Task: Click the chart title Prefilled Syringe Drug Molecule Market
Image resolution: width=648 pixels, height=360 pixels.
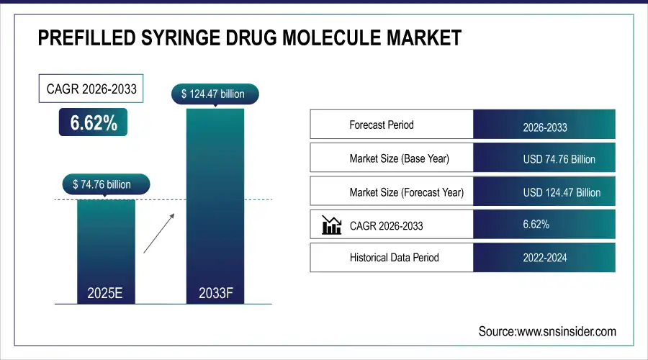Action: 249,38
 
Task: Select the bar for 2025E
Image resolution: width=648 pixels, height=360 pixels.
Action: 106,245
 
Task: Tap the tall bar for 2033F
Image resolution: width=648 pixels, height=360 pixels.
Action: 215,202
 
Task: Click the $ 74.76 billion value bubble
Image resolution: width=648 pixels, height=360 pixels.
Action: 106,184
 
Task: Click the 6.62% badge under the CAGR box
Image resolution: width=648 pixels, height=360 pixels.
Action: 93,123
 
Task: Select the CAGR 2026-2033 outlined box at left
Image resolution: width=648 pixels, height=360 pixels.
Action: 91,90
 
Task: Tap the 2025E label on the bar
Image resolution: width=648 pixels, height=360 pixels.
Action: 106,293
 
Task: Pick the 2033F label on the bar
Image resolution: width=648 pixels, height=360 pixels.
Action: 215,293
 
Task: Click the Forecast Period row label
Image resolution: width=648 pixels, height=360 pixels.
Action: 382,125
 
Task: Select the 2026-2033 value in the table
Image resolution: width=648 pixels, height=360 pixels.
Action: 545,127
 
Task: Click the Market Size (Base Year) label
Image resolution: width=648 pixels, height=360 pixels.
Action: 399,158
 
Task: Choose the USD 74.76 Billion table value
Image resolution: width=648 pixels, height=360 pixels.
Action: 559,159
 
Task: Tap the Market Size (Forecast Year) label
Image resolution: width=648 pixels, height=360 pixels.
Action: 406,192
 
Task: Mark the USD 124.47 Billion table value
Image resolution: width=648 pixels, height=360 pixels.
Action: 562,192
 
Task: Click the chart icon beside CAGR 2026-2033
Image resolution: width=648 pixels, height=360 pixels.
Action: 331,225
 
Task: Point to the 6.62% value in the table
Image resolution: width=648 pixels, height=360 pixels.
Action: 536,225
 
